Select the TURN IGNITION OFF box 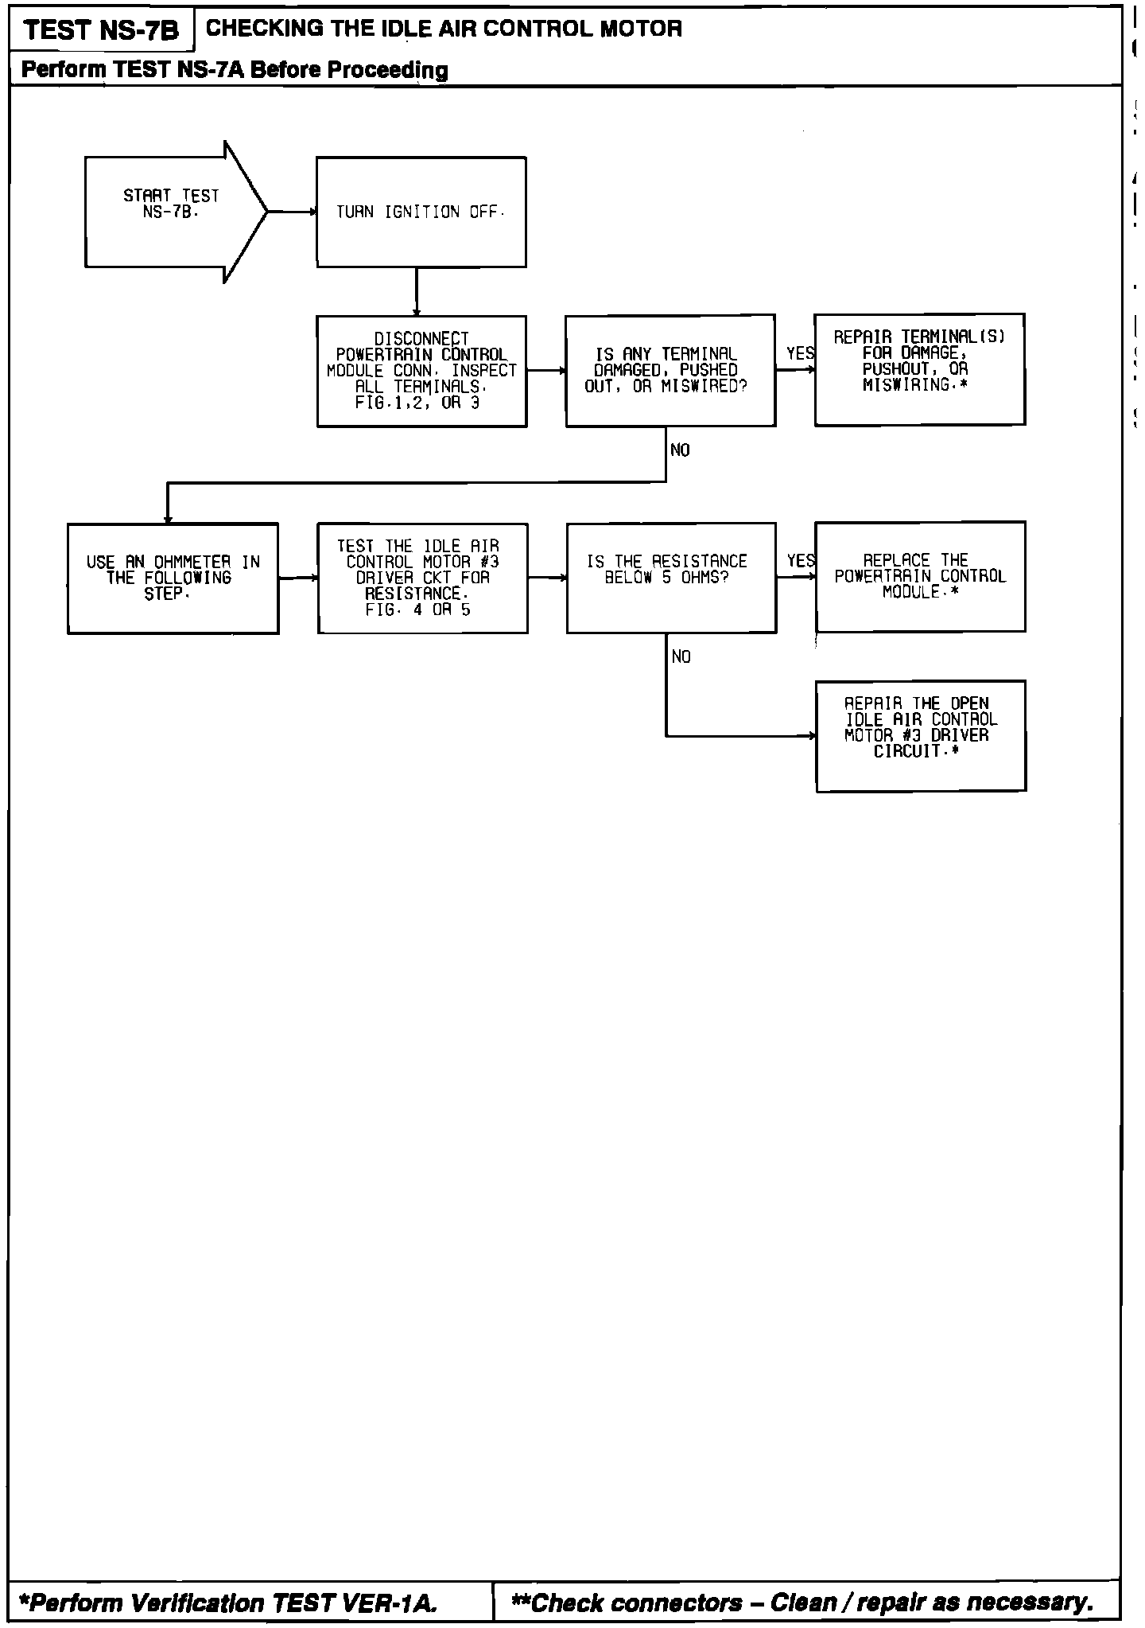point(421,212)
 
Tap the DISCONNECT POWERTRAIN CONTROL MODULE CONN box point(421,371)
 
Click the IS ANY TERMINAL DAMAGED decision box point(670,371)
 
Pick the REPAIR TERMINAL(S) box point(919,369)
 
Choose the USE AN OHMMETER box point(173,578)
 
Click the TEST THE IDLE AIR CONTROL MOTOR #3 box point(422,578)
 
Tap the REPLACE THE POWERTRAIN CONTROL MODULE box point(920,577)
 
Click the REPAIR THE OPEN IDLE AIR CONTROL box point(921,736)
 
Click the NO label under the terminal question point(680,450)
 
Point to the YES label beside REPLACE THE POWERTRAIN point(801,561)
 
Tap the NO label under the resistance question point(681,657)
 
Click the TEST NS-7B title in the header point(102,30)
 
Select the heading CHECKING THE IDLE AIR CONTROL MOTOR point(444,29)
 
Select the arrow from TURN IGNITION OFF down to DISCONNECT point(416,291)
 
